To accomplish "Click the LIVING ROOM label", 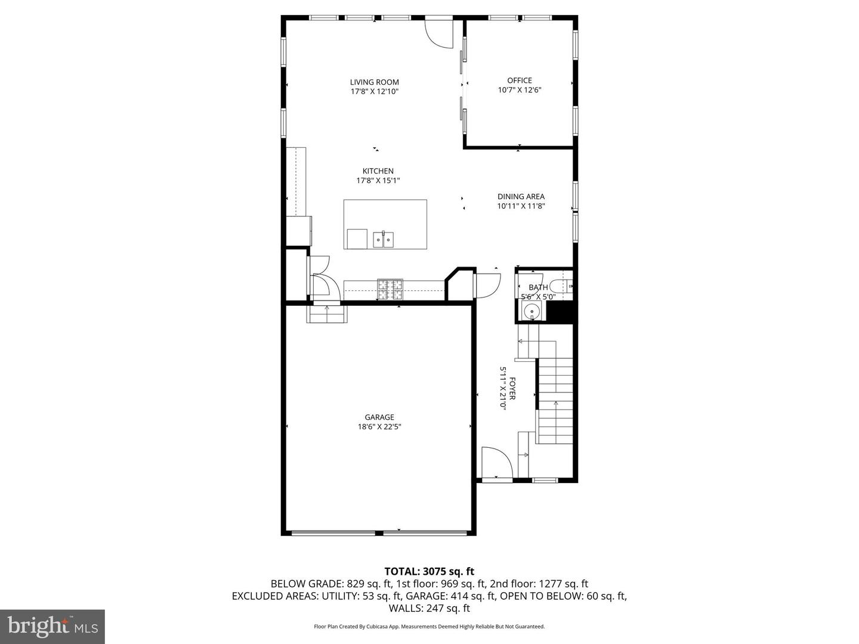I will (374, 82).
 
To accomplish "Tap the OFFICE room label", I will (519, 80).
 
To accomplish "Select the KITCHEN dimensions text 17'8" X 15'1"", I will (378, 181).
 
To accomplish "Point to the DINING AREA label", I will (521, 196).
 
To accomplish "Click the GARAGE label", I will (379, 417).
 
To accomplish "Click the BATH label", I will (538, 287).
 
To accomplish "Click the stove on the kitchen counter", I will (390, 290).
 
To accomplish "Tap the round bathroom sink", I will (530, 311).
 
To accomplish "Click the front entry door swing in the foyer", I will (496, 463).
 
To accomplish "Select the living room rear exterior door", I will (438, 33).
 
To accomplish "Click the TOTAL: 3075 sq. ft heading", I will (429, 572).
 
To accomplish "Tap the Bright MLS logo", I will (52, 626).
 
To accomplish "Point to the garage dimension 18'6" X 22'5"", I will (379, 427).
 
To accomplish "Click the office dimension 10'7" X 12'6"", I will (519, 90).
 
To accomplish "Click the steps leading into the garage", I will (326, 314).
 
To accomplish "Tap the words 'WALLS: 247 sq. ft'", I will (429, 608).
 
